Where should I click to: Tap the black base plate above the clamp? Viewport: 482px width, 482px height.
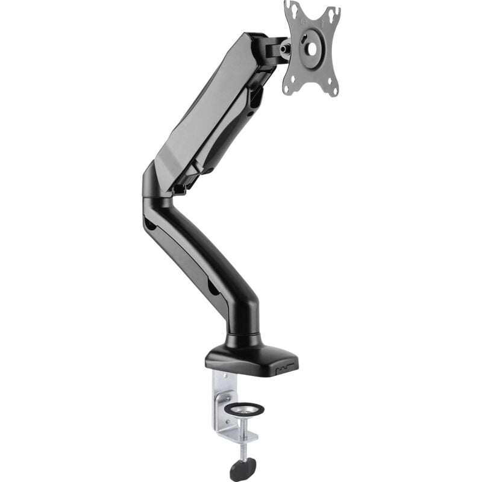[253, 358]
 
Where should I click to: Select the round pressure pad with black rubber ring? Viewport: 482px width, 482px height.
[244, 408]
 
